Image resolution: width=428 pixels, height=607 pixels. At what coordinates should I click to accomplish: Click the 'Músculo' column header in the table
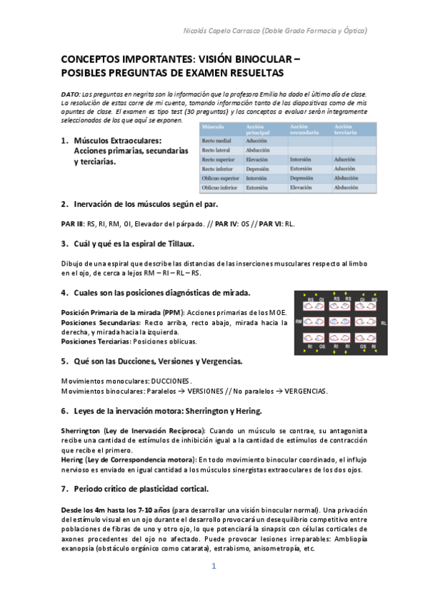212,127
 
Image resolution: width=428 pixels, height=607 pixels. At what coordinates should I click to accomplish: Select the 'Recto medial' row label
217,141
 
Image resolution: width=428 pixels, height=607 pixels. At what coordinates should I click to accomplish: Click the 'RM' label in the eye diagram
299,321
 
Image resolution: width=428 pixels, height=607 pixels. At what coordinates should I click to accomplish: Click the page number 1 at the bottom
213,566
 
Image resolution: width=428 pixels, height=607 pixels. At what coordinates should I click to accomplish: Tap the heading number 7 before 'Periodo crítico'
64,489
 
